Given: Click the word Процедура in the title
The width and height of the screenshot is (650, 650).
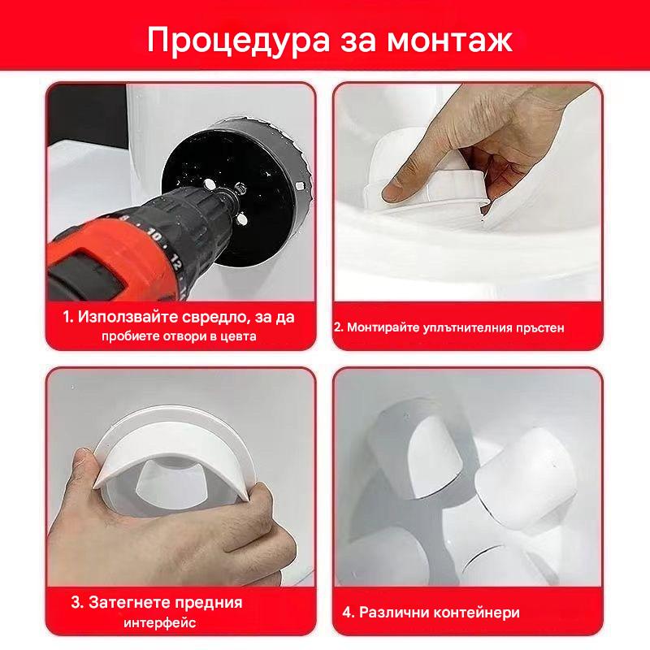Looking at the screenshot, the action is (239, 41).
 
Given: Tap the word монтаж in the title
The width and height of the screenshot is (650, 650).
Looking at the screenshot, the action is (450, 41).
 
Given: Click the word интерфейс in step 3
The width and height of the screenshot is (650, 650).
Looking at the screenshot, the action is (159, 622).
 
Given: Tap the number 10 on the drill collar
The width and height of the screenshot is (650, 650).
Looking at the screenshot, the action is (154, 236).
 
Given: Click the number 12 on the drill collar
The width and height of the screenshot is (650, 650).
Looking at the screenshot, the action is (175, 262).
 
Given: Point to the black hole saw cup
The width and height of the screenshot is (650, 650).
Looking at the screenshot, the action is (236, 188).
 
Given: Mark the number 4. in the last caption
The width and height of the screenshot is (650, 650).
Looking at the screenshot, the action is (349, 613).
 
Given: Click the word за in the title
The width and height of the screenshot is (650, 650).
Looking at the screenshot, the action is (359, 41).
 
